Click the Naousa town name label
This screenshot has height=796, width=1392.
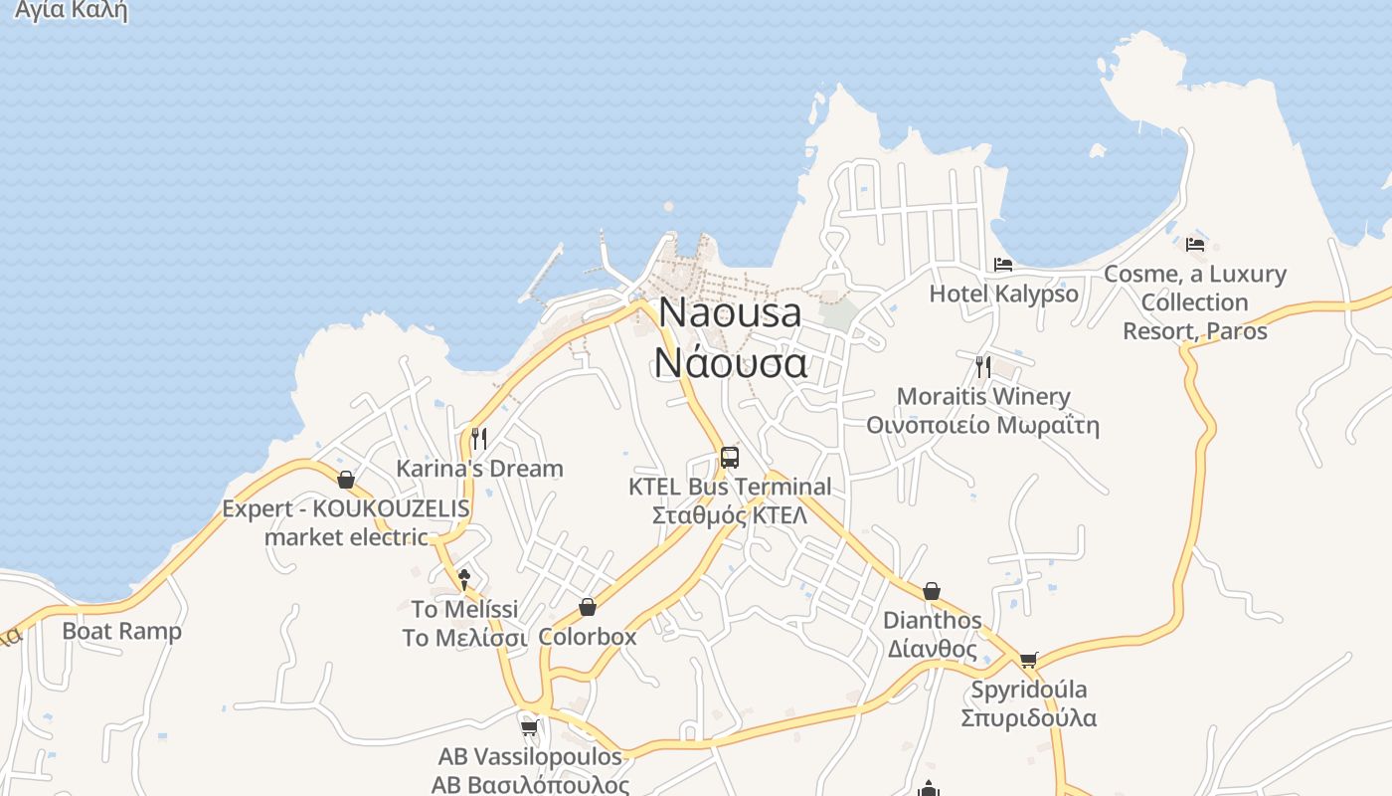(730, 312)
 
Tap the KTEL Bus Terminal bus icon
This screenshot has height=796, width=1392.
(730, 458)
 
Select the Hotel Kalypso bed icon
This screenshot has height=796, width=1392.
(1003, 265)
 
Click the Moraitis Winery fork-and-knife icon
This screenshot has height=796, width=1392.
(982, 366)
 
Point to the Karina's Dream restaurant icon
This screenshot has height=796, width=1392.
(479, 438)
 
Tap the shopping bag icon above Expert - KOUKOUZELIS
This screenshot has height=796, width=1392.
(346, 480)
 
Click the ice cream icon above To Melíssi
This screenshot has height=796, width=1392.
(463, 579)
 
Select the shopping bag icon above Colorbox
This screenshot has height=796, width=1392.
(588, 607)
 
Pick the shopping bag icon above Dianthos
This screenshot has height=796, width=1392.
(932, 591)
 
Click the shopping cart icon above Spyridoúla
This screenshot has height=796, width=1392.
(1028, 660)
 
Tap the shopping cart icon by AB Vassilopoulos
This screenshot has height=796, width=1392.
(530, 727)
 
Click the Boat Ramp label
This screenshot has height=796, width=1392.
(122, 631)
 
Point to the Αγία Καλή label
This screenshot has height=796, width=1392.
(72, 12)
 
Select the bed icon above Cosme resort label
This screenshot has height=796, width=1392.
(1195, 244)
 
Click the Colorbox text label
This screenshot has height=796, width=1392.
(588, 636)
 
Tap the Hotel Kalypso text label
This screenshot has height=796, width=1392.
(1003, 294)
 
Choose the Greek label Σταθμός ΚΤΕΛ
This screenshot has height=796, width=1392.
(730, 515)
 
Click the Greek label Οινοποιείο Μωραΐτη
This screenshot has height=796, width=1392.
(982, 426)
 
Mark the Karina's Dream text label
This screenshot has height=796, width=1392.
(479, 468)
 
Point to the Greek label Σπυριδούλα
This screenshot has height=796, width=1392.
(1028, 717)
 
